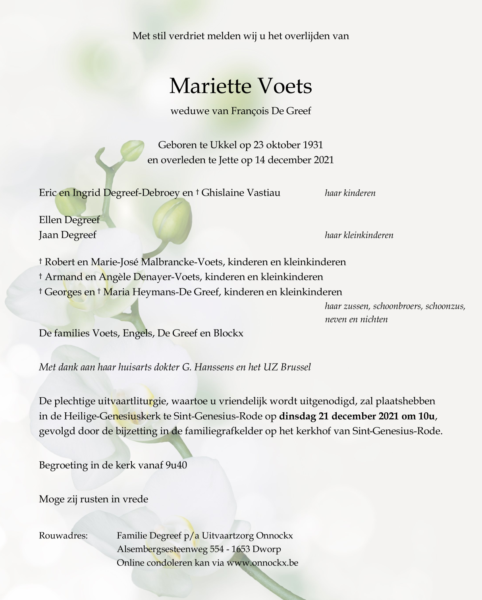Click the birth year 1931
(x=313, y=145)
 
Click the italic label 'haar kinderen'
(x=350, y=193)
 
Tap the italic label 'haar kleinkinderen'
(x=359, y=235)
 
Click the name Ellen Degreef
(x=69, y=220)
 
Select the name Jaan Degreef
(x=67, y=235)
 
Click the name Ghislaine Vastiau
(x=241, y=193)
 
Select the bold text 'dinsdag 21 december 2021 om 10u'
(x=357, y=416)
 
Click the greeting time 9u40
(x=176, y=465)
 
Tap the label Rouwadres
(x=63, y=536)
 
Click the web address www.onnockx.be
(x=262, y=563)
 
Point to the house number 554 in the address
(x=217, y=549)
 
